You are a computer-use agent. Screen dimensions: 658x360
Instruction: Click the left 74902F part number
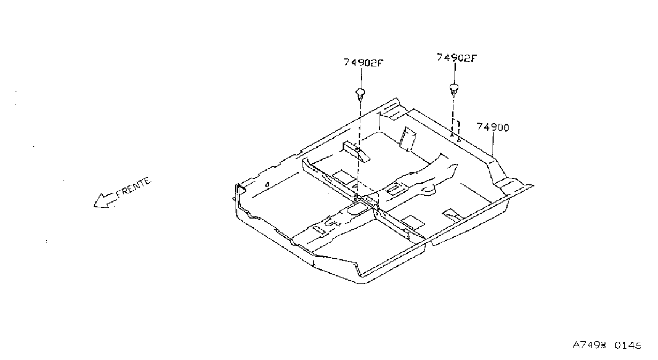coord(364,63)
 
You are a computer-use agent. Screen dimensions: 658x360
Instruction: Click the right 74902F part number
coord(457,58)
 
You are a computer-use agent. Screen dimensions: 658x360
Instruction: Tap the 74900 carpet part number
coord(493,127)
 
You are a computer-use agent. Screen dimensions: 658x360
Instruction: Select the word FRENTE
coord(134,187)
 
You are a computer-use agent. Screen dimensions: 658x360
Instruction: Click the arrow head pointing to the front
coord(100,201)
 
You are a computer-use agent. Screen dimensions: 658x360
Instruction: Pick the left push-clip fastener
coord(360,94)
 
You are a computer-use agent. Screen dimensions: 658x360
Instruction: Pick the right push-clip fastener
coord(454,90)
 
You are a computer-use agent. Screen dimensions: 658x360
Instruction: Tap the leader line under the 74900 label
coord(493,144)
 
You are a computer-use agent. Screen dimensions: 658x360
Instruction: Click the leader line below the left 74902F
coord(361,78)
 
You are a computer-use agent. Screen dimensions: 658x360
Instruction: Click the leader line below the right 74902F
coord(455,73)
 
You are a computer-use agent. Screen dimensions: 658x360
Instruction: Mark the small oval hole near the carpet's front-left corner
coord(267,185)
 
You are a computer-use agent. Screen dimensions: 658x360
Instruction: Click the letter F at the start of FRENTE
coord(119,194)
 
